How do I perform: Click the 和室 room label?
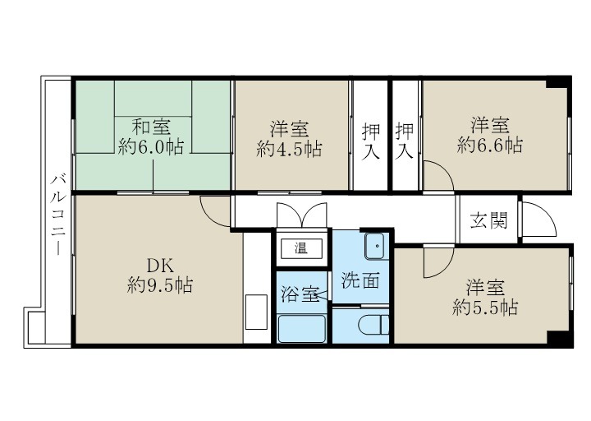[x=151, y=127]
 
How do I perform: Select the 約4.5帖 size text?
[x=289, y=149]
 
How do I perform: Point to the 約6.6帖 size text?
[x=490, y=146]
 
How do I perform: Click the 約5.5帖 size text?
[x=485, y=308]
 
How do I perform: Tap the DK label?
[x=159, y=266]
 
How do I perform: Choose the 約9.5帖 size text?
[x=161, y=286]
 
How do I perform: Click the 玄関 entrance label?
[x=488, y=220]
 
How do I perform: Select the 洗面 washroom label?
[x=360, y=280]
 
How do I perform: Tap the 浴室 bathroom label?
[x=300, y=294]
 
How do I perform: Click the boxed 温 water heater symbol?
[x=302, y=247]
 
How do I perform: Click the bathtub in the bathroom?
[x=303, y=330]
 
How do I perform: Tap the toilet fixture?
[x=375, y=327]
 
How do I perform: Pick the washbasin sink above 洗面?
[x=374, y=244]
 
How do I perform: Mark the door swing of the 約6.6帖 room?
[x=437, y=175]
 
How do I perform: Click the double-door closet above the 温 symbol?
[x=302, y=215]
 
